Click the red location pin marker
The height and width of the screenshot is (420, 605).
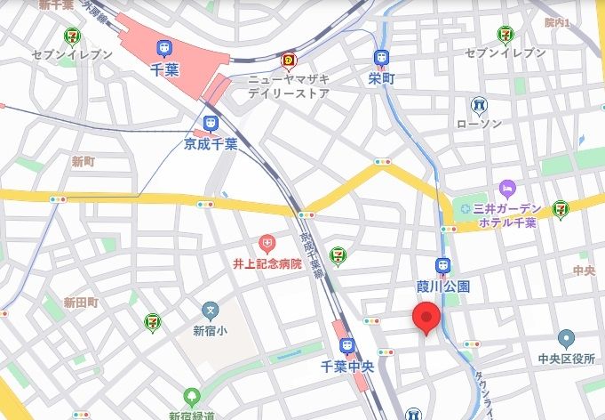click(427, 318)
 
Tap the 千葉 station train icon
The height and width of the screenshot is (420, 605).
click(164, 48)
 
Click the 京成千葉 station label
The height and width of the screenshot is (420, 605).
click(211, 143)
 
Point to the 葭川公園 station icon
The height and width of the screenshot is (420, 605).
click(442, 265)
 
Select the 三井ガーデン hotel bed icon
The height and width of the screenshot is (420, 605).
click(506, 188)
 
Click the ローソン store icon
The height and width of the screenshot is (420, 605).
click(480, 105)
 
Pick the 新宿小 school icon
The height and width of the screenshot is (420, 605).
click(211, 311)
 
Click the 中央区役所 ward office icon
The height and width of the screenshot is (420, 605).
click(566, 338)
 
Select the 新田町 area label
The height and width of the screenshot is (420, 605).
click(81, 303)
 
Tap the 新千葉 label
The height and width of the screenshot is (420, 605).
click(57, 5)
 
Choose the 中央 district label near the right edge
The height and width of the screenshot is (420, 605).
click(584, 270)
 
